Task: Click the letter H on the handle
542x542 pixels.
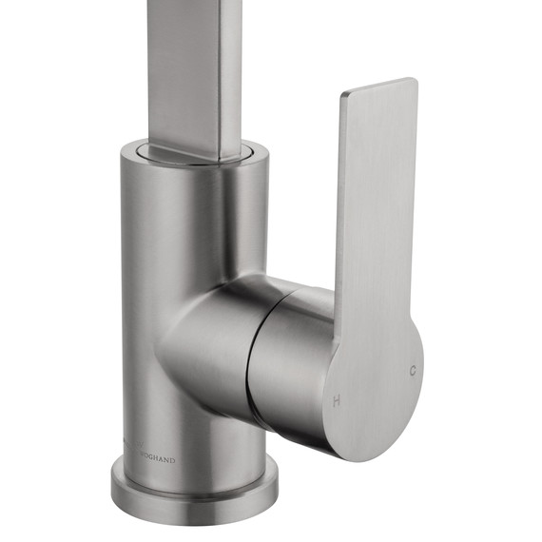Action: tap(336, 401)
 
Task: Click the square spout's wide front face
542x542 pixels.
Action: tap(181, 67)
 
